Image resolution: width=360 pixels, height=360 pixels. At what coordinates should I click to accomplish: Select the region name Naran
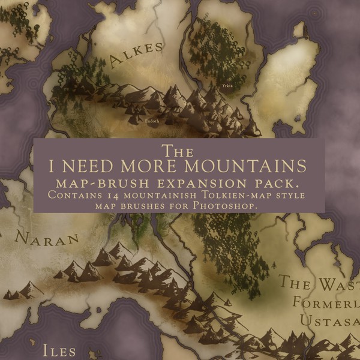[x=47, y=239]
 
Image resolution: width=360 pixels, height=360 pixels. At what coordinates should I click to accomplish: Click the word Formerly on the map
[x=325, y=302]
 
